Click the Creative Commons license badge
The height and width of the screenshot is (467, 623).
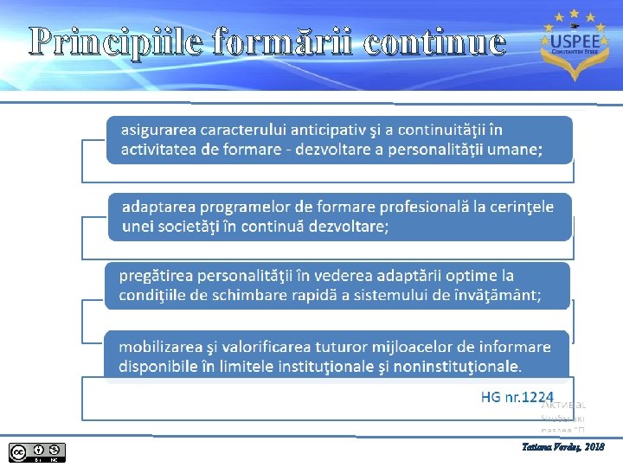[x=37, y=451]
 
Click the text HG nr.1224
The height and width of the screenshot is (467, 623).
[x=517, y=397]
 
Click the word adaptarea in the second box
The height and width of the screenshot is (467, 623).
[x=157, y=208]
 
